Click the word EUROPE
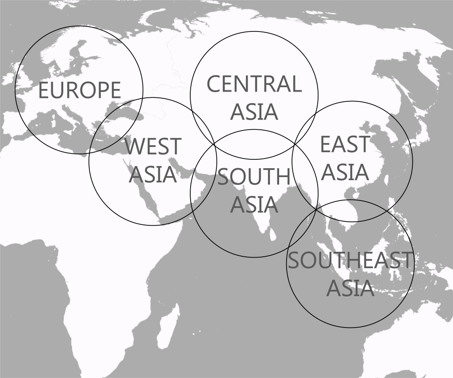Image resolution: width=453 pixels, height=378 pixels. point(80,90)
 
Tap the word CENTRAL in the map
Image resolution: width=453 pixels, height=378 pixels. point(254,84)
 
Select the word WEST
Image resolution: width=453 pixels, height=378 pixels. point(153,147)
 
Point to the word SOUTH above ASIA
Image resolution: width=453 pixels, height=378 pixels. point(253,177)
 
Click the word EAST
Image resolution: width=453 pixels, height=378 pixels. point(345,144)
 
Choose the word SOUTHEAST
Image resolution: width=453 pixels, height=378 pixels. point(349,260)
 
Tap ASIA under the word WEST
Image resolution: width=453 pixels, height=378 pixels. point(153,174)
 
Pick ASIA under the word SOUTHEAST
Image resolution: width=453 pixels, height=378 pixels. point(350,288)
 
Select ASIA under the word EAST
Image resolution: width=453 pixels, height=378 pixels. point(345,172)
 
